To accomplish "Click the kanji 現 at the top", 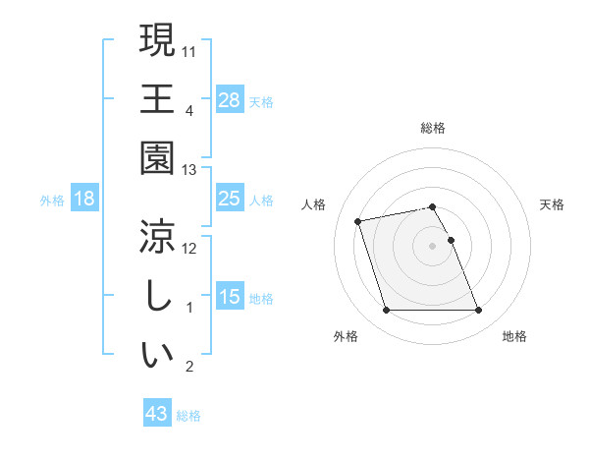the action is (157, 41).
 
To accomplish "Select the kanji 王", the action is (157, 98).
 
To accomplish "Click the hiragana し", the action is (157, 295).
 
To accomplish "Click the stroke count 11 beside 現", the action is (190, 50).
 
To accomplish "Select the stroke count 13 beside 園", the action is (190, 170).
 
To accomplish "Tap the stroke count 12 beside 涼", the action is (190, 248).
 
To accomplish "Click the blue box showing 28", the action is (230, 99).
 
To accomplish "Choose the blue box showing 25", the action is (230, 200).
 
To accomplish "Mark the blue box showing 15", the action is (230, 297).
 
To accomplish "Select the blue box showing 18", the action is (84, 200).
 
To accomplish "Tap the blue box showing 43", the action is (157, 414).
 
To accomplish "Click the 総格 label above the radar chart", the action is (433, 128).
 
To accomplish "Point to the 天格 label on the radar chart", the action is (553, 204).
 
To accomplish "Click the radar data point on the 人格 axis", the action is (358, 220).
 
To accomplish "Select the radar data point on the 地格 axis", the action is (479, 311).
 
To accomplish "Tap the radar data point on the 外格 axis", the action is (386, 311).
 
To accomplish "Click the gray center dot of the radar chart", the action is (433, 245).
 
